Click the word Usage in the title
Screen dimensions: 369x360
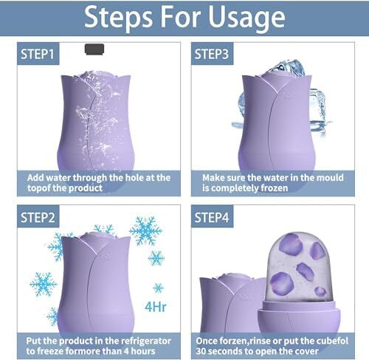[x=246, y=18]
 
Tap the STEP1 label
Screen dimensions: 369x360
[x=38, y=54]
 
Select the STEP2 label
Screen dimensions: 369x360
[x=38, y=218]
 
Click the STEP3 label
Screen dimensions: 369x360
[x=212, y=54]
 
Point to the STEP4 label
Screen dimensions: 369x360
[x=212, y=218]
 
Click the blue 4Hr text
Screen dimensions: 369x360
[x=156, y=307]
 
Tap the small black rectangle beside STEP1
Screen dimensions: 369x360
[x=94, y=49]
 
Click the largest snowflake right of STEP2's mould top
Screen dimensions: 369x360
[x=145, y=231]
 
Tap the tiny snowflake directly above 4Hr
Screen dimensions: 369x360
[x=158, y=288]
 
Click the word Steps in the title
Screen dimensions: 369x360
[x=118, y=18]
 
